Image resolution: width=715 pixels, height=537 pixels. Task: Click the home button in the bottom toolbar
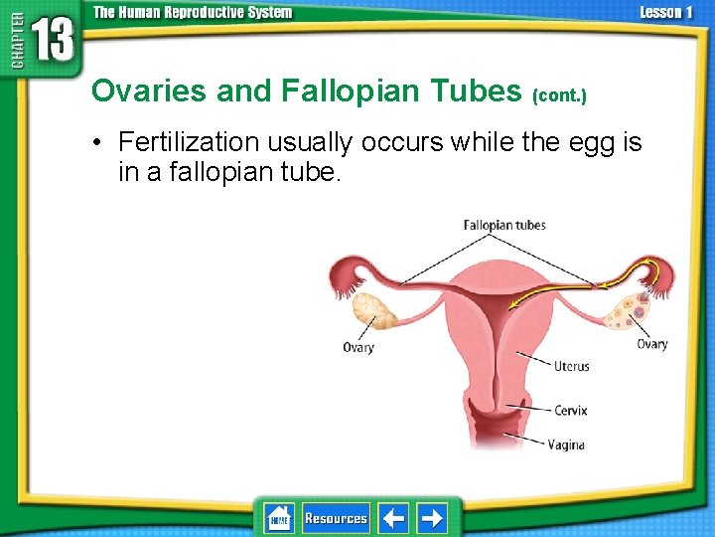point(279,518)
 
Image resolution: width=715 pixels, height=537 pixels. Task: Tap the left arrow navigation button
point(393,518)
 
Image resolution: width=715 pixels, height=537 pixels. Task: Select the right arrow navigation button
point(432,518)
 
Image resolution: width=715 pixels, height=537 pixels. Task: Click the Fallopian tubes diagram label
point(504,225)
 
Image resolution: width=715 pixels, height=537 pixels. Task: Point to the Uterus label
point(571,366)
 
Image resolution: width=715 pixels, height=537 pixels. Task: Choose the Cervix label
point(571,410)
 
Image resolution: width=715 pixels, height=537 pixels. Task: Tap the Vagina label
point(566,445)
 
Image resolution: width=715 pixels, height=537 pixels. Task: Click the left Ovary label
point(358,347)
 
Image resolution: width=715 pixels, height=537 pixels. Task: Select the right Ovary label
point(651,344)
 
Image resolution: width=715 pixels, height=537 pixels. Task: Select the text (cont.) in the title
point(559,96)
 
